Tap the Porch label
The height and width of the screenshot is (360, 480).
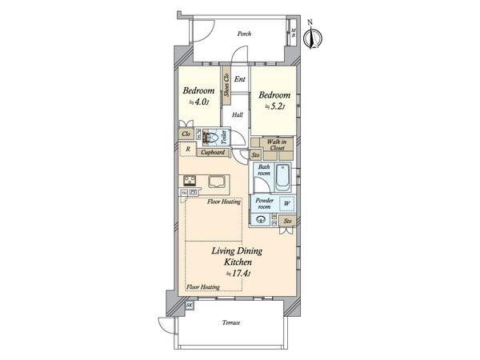pos(245,34)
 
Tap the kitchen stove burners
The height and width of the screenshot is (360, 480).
pos(191,181)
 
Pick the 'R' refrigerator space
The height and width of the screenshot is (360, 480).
pos(187,150)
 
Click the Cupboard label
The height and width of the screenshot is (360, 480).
pos(212,152)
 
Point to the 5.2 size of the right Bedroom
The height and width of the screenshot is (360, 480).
pos(276,106)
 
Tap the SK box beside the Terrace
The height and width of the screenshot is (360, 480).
pos(190,306)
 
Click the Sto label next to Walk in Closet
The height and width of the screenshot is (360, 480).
pos(256,154)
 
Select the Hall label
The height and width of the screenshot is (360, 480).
pos(238,115)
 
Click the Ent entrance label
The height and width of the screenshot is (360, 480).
pos(239,78)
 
